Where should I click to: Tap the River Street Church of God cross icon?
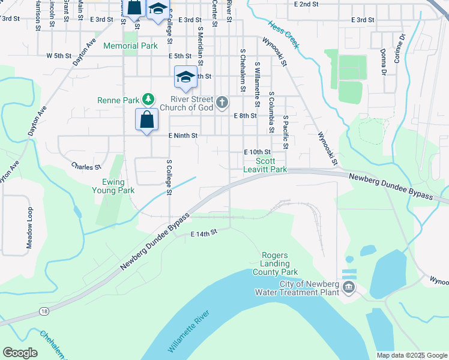(x=222, y=103)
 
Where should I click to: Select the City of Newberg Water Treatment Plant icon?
(x=349, y=289)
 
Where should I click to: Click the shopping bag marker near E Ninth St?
(x=146, y=119)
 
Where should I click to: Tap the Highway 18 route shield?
(x=44, y=311)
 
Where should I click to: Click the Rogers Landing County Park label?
(x=276, y=263)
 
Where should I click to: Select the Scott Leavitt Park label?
(x=265, y=165)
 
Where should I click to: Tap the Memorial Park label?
(x=130, y=46)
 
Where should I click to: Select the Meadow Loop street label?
(x=29, y=227)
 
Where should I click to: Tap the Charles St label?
(x=86, y=166)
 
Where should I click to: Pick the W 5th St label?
(x=59, y=56)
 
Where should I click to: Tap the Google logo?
(x=20, y=353)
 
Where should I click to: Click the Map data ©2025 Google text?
(x=411, y=355)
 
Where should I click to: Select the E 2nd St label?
(x=306, y=4)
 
